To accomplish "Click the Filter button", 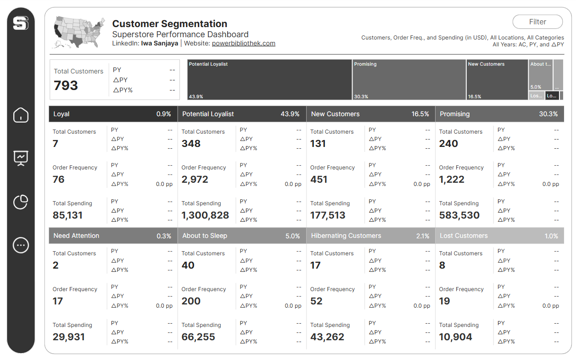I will [537, 22].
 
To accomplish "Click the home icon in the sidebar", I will [21, 115].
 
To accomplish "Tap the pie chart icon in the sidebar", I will [21, 202].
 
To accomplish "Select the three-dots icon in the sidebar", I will [21, 245].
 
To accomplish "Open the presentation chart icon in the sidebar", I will [21, 158].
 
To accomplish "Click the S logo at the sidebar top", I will [21, 23].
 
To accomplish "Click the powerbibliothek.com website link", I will [243, 44].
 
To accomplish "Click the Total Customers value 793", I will [66, 85].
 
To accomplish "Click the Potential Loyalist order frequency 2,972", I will [195, 180].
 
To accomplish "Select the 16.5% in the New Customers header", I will [420, 114].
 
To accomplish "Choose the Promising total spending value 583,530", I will [459, 215].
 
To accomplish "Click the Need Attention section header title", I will [76, 236].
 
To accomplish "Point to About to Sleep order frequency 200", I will [191, 301].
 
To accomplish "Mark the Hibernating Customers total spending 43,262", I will [327, 337].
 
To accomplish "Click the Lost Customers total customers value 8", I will [442, 265].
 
